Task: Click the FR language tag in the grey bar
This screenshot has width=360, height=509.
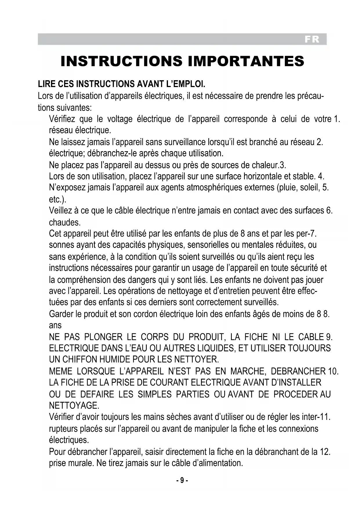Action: click(312, 39)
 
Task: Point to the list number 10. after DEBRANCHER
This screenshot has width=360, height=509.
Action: click(333, 371)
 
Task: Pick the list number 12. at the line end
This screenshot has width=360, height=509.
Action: click(325, 452)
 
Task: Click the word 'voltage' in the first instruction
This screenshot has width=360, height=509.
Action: click(120, 119)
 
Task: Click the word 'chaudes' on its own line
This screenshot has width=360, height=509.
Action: click(64, 223)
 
